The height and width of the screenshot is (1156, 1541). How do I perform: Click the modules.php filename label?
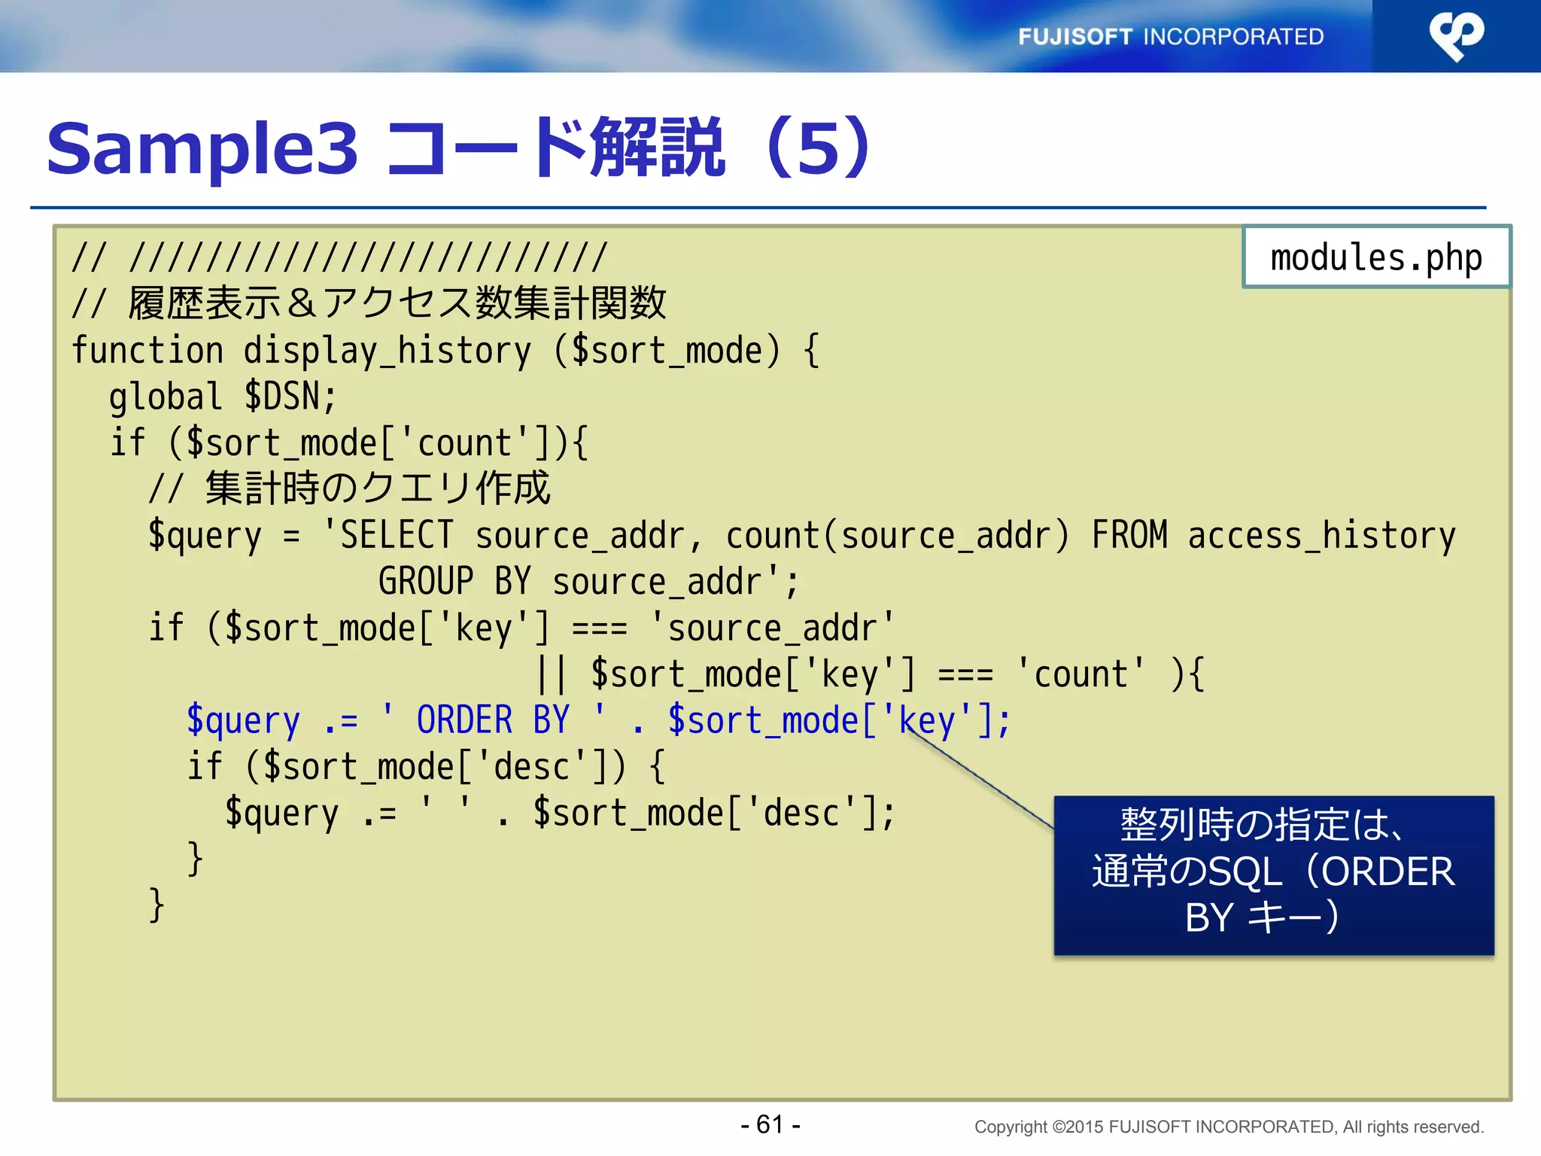coord(1375,257)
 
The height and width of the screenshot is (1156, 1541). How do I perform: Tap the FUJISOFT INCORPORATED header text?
coord(1170,36)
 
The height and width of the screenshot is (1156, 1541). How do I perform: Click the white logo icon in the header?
coord(1456,35)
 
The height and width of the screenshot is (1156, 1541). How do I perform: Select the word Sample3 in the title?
coord(202,148)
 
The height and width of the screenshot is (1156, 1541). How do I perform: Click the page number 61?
coord(770,1124)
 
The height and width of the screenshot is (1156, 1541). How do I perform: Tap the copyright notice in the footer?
coord(1229,1127)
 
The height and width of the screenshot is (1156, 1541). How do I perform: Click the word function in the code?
coord(147,351)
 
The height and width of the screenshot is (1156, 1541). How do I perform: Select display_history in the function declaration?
coord(387,351)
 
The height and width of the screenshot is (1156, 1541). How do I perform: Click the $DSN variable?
coord(290,397)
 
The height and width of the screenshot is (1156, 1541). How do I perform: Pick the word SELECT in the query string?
coord(397,535)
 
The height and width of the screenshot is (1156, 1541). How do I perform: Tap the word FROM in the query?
coord(1129,535)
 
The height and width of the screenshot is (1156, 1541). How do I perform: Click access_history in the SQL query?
coord(1321,535)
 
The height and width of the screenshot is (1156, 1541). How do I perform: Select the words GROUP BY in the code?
coord(454,582)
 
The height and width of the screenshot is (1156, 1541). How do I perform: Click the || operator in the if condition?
coord(552,674)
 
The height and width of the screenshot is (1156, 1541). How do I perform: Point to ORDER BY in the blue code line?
coord(493,720)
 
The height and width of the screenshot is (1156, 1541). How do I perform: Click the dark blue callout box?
coord(1273,875)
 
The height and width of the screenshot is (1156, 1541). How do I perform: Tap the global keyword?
coord(166,397)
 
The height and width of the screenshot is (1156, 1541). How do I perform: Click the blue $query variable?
coord(243,721)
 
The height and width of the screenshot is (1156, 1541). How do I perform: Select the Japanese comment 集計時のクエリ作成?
coord(378,488)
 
